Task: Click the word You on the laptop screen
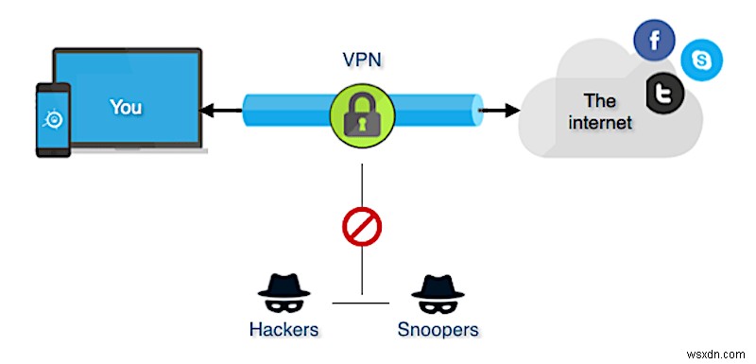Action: (x=126, y=107)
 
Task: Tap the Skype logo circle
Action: (x=701, y=59)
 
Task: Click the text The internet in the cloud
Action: (x=605, y=112)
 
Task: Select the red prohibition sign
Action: (x=360, y=227)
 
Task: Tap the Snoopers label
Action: (x=438, y=330)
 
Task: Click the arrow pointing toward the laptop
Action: (x=218, y=111)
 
